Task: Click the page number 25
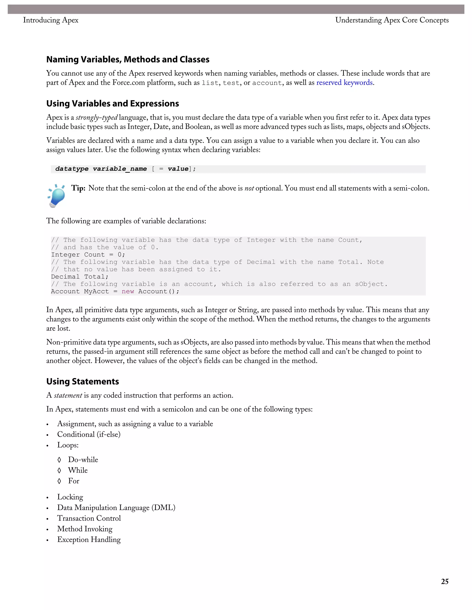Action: [x=445, y=581]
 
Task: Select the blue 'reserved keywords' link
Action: [x=345, y=83]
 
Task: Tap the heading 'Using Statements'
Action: [x=83, y=381]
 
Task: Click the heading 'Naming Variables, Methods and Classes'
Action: [x=128, y=59]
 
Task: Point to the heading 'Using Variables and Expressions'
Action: [x=112, y=104]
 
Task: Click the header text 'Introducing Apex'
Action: [x=51, y=20]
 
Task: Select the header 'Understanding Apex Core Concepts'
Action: [x=392, y=20]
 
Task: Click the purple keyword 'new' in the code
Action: [x=128, y=292]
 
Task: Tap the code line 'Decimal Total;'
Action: [x=80, y=277]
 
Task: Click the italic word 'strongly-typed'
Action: [x=97, y=118]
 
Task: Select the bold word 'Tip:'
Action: [x=78, y=188]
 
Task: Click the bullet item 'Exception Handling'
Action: [x=89, y=540]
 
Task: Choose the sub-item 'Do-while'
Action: [x=83, y=460]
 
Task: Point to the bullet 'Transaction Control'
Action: [x=89, y=518]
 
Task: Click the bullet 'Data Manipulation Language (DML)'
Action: [x=116, y=508]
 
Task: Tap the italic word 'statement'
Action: [x=68, y=395]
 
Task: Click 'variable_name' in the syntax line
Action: [x=120, y=169]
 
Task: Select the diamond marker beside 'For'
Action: [x=59, y=481]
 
